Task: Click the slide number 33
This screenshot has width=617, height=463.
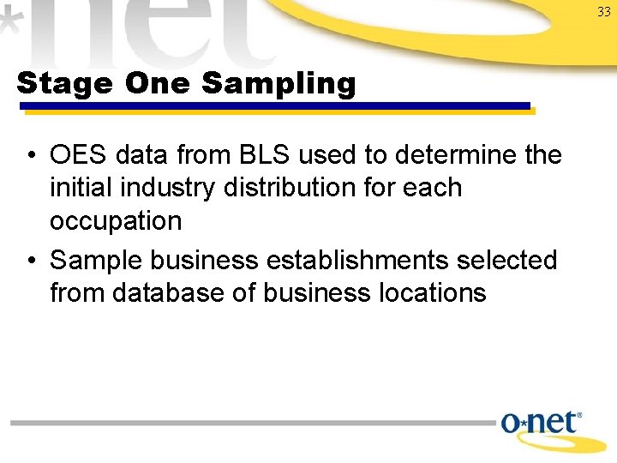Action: [604, 11]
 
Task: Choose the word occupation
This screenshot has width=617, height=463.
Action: [116, 221]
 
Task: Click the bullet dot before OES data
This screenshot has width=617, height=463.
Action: [30, 156]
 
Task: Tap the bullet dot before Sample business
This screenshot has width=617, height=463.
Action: [30, 261]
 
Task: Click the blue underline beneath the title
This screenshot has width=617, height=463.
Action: [274, 106]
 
